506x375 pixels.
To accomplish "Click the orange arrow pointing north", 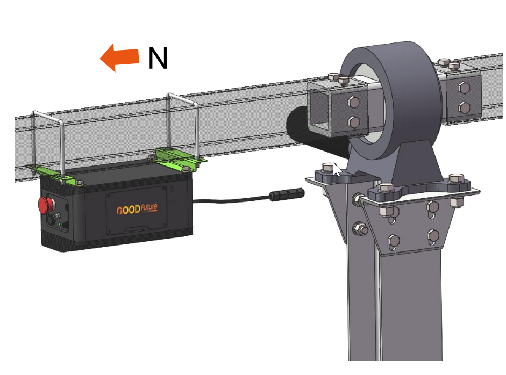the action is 119,57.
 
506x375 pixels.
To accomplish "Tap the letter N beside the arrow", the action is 158,58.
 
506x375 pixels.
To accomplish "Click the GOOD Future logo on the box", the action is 137,208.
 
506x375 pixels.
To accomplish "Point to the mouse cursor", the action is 337,169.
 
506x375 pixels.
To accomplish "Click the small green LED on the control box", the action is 60,224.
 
